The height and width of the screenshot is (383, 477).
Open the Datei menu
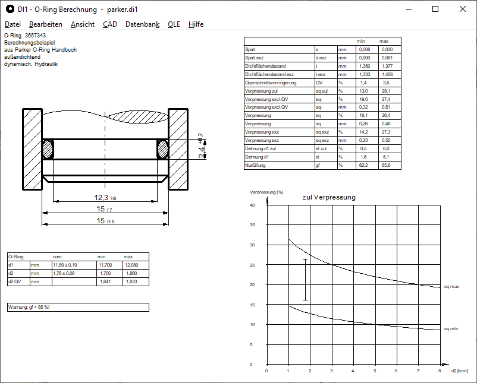[x=12, y=24]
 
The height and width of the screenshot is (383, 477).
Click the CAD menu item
[x=109, y=24]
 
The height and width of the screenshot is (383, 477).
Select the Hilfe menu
[x=196, y=24]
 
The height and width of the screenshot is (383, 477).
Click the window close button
[x=463, y=9]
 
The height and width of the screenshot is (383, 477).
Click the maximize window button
[x=435, y=9]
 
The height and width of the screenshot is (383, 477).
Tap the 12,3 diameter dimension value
[x=101, y=198]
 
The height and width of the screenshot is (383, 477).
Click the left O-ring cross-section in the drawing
[x=48, y=148]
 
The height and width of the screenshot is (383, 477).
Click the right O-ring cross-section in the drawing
[x=162, y=148]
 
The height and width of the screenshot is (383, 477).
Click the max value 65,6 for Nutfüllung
[x=386, y=166]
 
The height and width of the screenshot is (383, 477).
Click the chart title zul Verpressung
[x=329, y=197]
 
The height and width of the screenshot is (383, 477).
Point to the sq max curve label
[x=451, y=286]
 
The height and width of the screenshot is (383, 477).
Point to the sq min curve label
[x=451, y=328]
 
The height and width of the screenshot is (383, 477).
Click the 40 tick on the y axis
[x=252, y=205]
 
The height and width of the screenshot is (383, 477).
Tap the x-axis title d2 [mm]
[x=460, y=371]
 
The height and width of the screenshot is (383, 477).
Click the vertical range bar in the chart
[x=305, y=279]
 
